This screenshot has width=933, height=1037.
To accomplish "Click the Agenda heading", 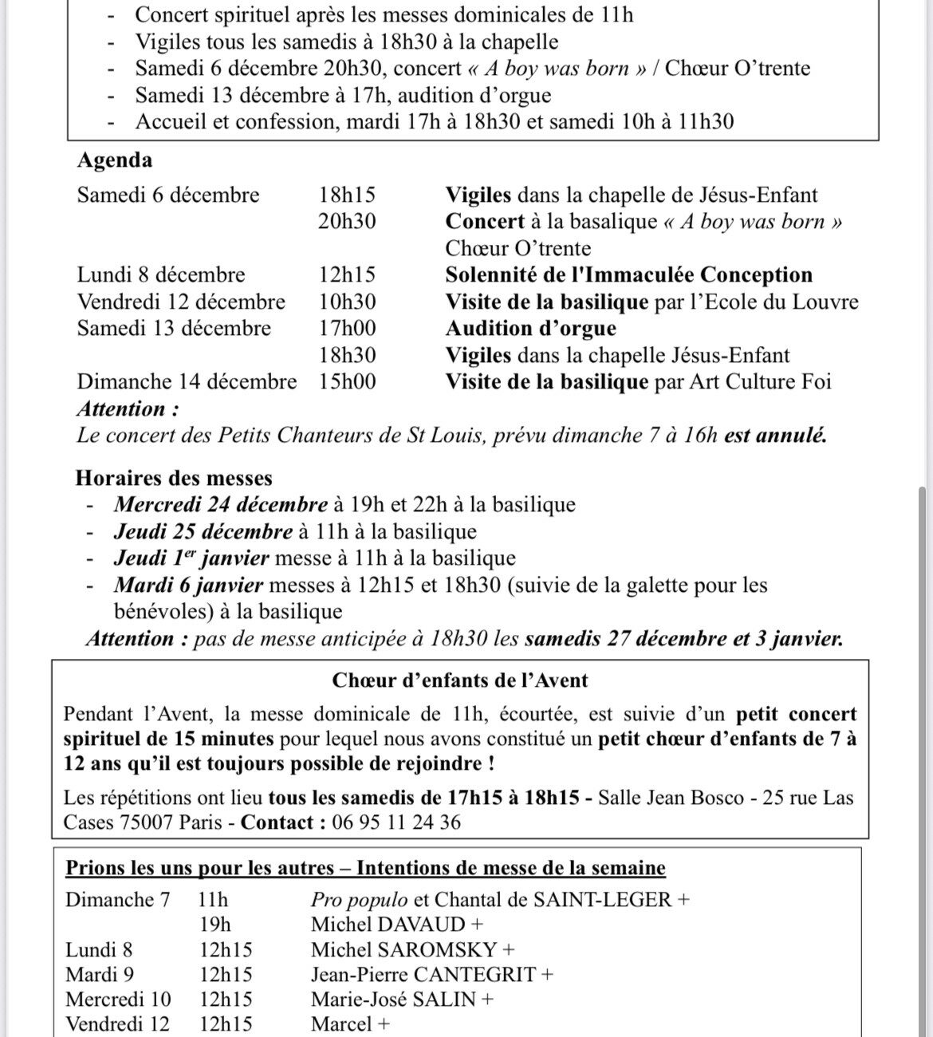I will (x=114, y=160).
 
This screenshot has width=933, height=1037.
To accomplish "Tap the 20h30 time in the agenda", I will (x=347, y=222).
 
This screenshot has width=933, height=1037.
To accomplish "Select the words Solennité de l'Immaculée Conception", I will (x=628, y=275).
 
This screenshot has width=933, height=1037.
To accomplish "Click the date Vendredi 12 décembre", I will (x=181, y=302).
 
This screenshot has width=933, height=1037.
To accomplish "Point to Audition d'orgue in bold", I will (x=530, y=329).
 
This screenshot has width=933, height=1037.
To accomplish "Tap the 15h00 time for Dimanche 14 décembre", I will (x=347, y=382).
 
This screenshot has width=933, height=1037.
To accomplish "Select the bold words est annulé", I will (x=775, y=436).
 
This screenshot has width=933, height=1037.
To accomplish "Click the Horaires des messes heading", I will (x=174, y=479).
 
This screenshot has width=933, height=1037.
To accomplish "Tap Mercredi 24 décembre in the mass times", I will (x=221, y=505).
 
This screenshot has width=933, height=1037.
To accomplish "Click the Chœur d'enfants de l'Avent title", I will (x=460, y=681).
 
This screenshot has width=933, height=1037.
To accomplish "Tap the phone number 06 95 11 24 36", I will (x=394, y=822).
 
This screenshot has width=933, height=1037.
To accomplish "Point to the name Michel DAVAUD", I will (x=388, y=925).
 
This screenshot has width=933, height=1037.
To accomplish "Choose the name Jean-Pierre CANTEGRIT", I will (x=424, y=975).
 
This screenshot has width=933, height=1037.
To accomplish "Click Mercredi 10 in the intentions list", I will (x=118, y=1000).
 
